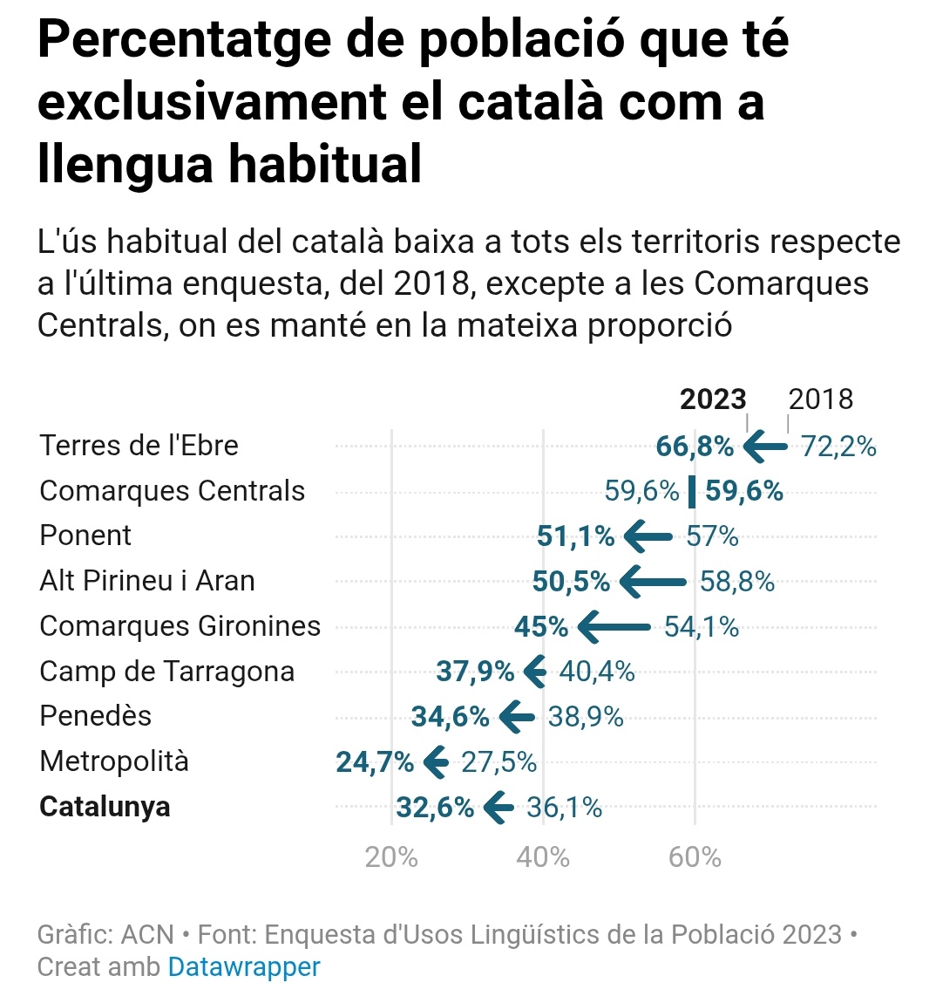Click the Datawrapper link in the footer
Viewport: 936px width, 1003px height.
[x=244, y=966]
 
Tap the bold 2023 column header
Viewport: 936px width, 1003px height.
[x=712, y=399]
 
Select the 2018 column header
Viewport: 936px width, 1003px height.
[x=820, y=399]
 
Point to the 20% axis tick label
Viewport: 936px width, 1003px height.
[x=391, y=857]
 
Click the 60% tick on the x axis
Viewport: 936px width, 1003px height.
[x=695, y=857]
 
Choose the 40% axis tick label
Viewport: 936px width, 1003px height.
[x=543, y=857]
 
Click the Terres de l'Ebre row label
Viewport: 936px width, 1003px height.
[x=139, y=446]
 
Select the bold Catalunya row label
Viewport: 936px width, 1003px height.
[x=105, y=807]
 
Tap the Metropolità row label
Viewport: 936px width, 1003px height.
[x=114, y=761]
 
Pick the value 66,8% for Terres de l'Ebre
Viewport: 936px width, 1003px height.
[x=695, y=447]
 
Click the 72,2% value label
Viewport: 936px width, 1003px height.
[x=838, y=447]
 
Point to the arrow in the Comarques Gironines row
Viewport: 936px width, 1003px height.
[x=614, y=626]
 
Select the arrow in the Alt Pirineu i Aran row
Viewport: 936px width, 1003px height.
[x=654, y=582]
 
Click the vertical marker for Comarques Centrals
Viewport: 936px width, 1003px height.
[x=692, y=492]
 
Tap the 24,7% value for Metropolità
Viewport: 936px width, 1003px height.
[x=375, y=762]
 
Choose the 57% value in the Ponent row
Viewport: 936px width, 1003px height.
[x=712, y=536]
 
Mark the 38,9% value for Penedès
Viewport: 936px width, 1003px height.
[x=586, y=717]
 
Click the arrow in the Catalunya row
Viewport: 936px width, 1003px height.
[x=499, y=808]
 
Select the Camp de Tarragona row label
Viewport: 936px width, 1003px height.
[x=167, y=672]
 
